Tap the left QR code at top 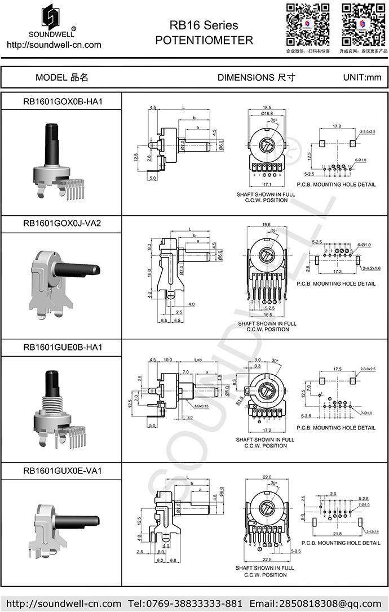coord(307,24)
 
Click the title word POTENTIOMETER coord(204,41)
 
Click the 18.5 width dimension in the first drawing coord(267,107)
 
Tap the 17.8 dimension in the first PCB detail coord(337,126)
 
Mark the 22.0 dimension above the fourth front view coord(267,477)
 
